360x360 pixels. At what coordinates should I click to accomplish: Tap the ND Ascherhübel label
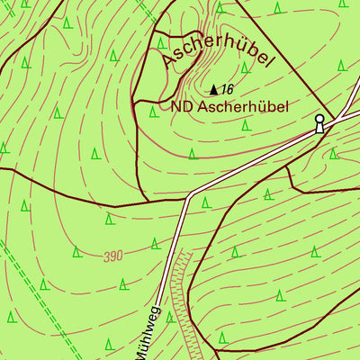[229, 106]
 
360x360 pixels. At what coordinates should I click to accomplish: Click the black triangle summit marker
[213, 89]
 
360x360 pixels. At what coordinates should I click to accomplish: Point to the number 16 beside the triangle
[227, 89]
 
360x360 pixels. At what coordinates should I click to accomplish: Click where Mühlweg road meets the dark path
[188, 194]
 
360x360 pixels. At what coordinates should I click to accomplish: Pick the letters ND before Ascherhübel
[180, 106]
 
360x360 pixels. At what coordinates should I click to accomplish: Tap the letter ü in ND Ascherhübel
[256, 106]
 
